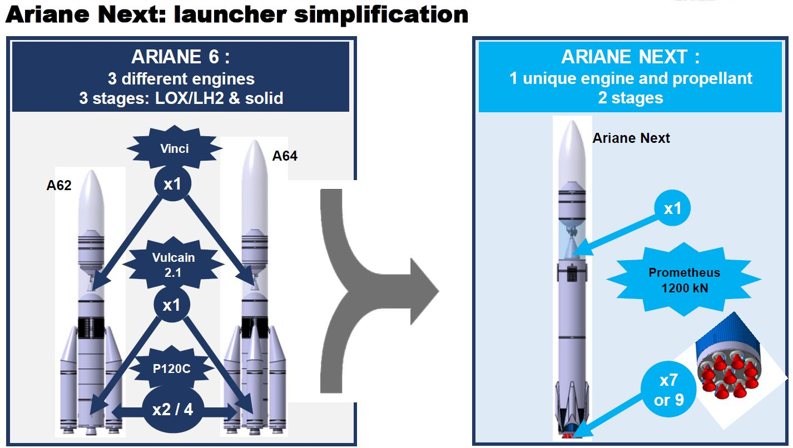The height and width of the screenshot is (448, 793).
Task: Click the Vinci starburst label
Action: point(174,148)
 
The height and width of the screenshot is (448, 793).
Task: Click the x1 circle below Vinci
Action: point(172,184)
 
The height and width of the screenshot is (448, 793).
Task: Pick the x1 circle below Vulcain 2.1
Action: point(172,305)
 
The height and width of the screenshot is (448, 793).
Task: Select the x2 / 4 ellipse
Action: point(172,410)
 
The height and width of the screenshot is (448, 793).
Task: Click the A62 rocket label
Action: point(58,185)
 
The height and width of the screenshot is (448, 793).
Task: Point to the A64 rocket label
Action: point(284,156)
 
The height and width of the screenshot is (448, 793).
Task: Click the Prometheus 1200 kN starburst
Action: point(683,280)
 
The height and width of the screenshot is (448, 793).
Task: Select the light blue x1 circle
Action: point(672,208)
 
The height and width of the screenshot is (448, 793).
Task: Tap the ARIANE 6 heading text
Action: point(180,57)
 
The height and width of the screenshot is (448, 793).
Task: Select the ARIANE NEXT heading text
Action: point(630,57)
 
